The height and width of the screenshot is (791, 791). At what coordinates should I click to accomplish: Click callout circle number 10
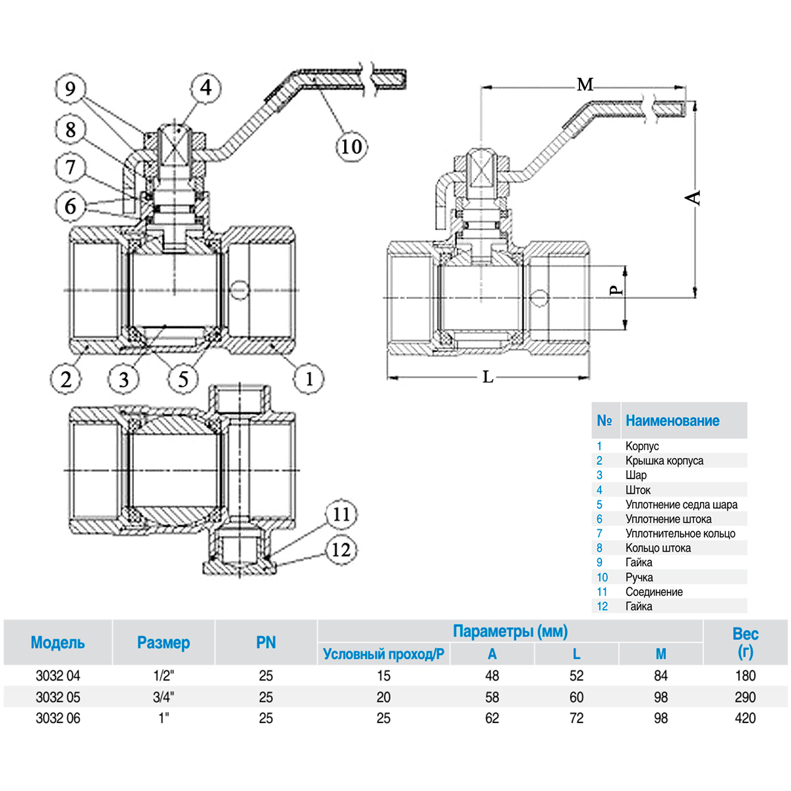pyautogui.click(x=351, y=146)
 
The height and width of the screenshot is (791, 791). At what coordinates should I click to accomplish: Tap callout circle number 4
pyautogui.click(x=206, y=87)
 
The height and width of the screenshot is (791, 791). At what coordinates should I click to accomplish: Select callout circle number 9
pyautogui.click(x=71, y=88)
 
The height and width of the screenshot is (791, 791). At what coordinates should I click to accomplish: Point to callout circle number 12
pyautogui.click(x=341, y=549)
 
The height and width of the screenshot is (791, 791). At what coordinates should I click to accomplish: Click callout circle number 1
pyautogui.click(x=308, y=378)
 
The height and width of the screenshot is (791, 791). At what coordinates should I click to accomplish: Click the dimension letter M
pyautogui.click(x=585, y=84)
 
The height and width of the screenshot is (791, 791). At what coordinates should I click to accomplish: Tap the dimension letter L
pyautogui.click(x=488, y=377)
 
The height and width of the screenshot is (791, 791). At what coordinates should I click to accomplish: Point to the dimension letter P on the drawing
pyautogui.click(x=614, y=290)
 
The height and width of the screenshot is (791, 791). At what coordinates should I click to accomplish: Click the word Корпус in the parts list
pyautogui.click(x=642, y=446)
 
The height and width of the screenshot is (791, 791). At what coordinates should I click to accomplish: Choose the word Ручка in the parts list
pyautogui.click(x=639, y=577)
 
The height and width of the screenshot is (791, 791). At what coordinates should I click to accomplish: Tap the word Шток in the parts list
pyautogui.click(x=637, y=490)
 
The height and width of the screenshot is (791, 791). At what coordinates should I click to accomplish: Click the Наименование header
pyautogui.click(x=672, y=421)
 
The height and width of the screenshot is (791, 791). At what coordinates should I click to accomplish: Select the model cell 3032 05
pyautogui.click(x=58, y=697)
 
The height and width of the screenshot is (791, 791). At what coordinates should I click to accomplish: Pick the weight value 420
pyautogui.click(x=745, y=718)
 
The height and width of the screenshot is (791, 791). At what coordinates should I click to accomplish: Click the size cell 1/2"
pyautogui.click(x=163, y=676)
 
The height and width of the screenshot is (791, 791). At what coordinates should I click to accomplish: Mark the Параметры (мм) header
pyautogui.click(x=510, y=631)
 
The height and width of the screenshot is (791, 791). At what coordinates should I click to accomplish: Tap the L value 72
pyautogui.click(x=576, y=718)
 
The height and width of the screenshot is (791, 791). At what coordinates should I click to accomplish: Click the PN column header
pyautogui.click(x=266, y=643)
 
